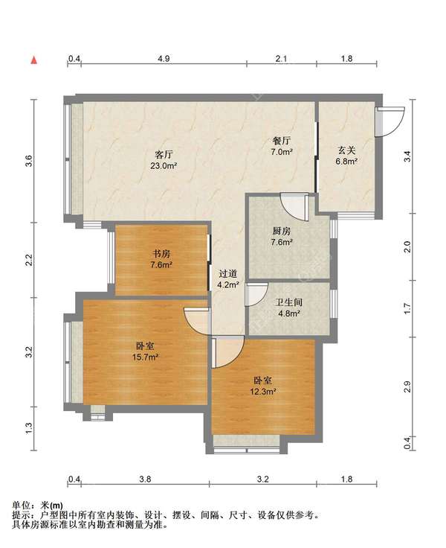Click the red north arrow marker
click(x=34, y=60)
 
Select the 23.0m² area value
click(x=164, y=166)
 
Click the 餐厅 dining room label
click(x=281, y=141)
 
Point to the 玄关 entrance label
click(x=346, y=150)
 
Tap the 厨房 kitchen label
click(x=281, y=231)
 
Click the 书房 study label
click(x=161, y=253)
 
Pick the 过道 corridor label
click(x=228, y=274)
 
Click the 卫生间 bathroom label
click(x=288, y=302)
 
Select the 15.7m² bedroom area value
click(x=145, y=357)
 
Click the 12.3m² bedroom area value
click(x=263, y=392)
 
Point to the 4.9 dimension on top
click(x=164, y=58)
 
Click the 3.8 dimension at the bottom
click(x=145, y=479)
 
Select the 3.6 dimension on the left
click(x=29, y=161)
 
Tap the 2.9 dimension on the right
click(x=407, y=386)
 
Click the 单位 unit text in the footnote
click(x=21, y=506)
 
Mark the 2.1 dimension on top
click(x=281, y=58)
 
